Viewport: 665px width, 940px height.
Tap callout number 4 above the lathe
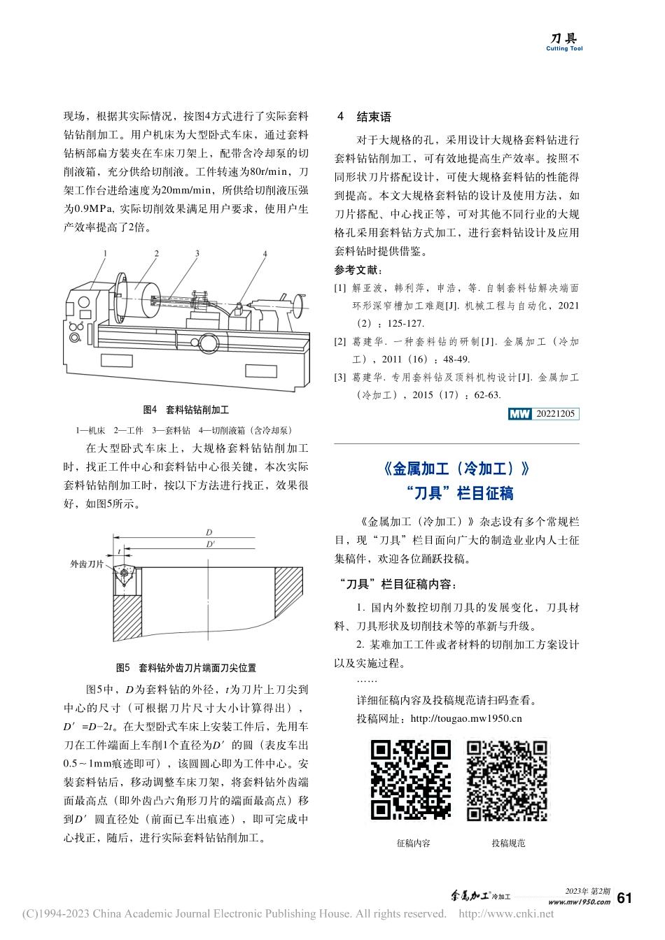coord(265,253)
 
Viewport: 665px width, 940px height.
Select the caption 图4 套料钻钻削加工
coord(185,410)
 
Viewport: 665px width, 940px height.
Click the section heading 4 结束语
coord(364,117)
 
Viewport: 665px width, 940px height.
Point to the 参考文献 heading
coord(358,270)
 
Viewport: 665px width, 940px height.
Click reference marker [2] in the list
coord(340,342)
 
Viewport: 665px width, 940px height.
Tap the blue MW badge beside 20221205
coord(520,414)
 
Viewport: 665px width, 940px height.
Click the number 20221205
coord(555,414)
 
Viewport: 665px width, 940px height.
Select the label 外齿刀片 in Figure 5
coord(87,564)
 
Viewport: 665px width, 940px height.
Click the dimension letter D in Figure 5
coord(209,532)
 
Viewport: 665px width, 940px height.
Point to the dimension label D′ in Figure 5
coord(210,543)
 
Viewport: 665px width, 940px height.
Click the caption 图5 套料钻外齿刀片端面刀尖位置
coord(185,668)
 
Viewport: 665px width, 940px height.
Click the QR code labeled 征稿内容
coord(410,780)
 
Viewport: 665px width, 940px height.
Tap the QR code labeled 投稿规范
coord(507,780)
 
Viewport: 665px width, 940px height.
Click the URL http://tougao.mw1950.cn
coord(466,718)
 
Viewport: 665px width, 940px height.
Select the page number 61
coord(625,898)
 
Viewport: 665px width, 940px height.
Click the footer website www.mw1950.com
coord(579,902)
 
